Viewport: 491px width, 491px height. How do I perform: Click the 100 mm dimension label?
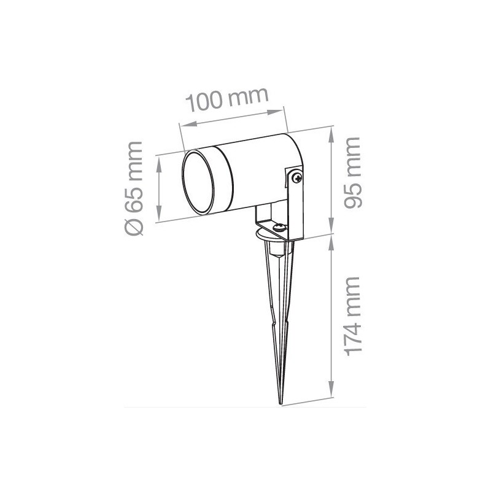click(228, 100)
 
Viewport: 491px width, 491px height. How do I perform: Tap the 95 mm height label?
click(352, 174)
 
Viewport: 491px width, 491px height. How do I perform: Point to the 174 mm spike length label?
click(352, 315)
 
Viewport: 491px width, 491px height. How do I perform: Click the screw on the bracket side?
click(297, 178)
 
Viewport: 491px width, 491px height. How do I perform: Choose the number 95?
click(352, 195)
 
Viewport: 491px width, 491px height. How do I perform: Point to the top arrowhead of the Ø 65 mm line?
click(160, 159)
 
